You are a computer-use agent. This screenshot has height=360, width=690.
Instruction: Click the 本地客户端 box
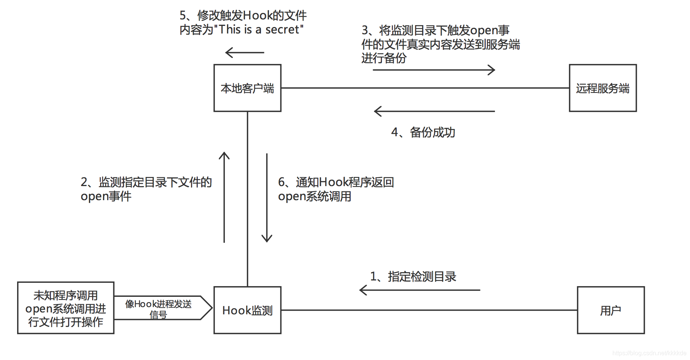pyautogui.click(x=247, y=88)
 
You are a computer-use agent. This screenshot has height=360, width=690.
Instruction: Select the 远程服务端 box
pyautogui.click(x=603, y=88)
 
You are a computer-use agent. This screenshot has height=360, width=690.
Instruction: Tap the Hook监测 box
pyautogui.click(x=247, y=310)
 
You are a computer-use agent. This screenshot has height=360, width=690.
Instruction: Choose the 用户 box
pyautogui.click(x=611, y=310)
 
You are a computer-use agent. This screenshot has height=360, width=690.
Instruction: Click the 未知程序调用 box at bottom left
pyautogui.click(x=66, y=308)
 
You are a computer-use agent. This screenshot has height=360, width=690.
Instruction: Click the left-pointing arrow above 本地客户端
pyautogui.click(x=245, y=53)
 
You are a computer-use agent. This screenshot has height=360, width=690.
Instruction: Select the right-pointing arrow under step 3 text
pyautogui.click(x=434, y=70)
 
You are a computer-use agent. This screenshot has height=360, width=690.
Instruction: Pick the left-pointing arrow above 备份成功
pyautogui.click(x=434, y=111)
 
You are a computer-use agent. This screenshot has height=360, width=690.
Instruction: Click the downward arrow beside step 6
pyautogui.click(x=267, y=198)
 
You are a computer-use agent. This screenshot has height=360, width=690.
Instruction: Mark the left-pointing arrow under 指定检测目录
pyautogui.click(x=420, y=290)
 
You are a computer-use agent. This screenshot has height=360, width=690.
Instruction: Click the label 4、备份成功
pyautogui.click(x=423, y=132)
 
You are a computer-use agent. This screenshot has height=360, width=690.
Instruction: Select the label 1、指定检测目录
pyautogui.click(x=413, y=276)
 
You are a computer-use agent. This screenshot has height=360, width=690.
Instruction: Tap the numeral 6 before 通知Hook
pyautogui.click(x=281, y=182)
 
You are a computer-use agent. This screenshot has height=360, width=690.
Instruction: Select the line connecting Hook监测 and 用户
pyautogui.click(x=429, y=310)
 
